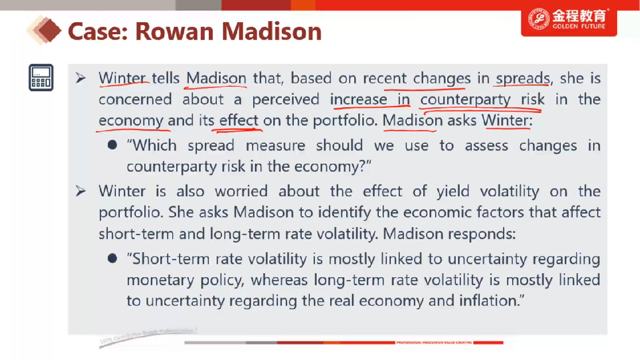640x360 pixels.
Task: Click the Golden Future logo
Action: [x=569, y=19]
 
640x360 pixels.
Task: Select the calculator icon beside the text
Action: [x=41, y=78]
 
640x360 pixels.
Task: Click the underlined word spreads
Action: [x=523, y=78]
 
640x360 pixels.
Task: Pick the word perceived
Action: [x=285, y=99]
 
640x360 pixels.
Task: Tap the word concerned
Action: [x=135, y=99]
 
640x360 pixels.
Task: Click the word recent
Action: [x=384, y=78]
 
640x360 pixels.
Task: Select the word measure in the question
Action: [x=275, y=145]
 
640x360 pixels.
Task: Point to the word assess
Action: [x=487, y=145]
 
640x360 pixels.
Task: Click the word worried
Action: [x=241, y=191]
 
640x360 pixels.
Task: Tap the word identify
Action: [x=345, y=212]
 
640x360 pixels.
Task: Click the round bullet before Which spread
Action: [x=112, y=145]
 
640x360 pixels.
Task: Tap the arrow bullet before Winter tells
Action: [x=80, y=78]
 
